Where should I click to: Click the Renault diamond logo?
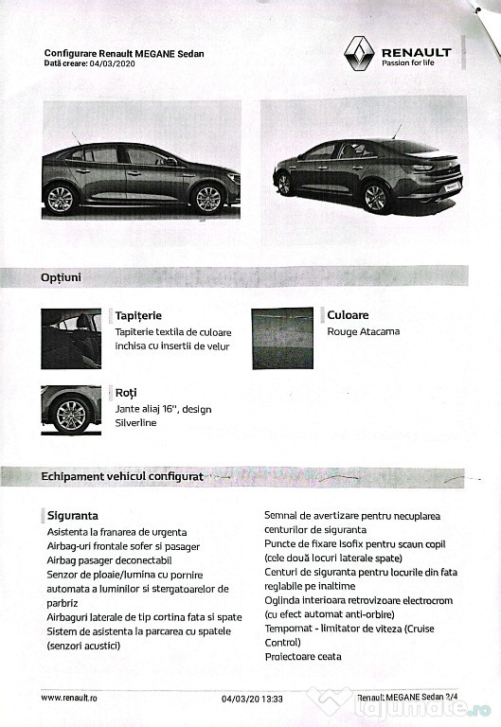[x=359, y=54]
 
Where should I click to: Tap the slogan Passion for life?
[x=409, y=64]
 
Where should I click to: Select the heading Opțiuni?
[x=61, y=277]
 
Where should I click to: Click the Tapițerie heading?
[x=137, y=315]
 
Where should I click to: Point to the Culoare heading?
[x=348, y=315]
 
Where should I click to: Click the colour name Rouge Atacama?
[x=363, y=331]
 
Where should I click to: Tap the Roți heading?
[x=126, y=391]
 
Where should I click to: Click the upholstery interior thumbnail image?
[x=71, y=339]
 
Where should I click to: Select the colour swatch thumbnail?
[x=282, y=338]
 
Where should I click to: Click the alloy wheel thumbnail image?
[x=71, y=410]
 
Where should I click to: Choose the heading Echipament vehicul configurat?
[x=122, y=476]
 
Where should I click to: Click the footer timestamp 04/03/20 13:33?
[x=252, y=699]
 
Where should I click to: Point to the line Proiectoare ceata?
[x=303, y=656]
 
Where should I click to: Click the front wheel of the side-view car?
[x=206, y=198]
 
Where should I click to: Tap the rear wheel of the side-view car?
[x=61, y=198]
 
